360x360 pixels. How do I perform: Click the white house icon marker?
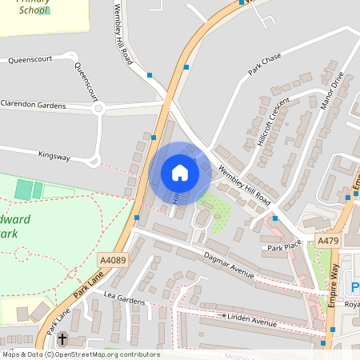179,173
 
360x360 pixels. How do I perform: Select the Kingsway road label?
53,157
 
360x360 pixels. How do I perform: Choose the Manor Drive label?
330,93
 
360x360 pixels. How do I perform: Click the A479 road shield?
327,239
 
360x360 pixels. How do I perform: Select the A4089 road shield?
113,260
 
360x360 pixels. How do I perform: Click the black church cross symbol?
62,338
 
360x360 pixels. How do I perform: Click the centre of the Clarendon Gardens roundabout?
98,109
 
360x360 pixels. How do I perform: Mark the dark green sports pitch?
24,190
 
